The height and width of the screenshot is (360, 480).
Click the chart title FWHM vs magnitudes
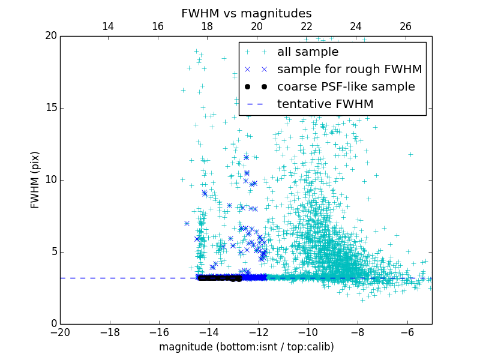(x=246, y=13)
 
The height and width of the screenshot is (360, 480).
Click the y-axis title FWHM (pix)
(x=35, y=180)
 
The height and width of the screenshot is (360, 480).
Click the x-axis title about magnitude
(x=246, y=347)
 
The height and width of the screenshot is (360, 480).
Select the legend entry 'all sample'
(x=308, y=52)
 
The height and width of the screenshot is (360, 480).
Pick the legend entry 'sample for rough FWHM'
(x=349, y=70)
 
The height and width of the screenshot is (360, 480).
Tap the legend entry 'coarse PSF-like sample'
(x=346, y=87)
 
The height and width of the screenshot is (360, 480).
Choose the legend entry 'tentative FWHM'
(x=325, y=104)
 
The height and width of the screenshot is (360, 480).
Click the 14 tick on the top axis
(x=108, y=26)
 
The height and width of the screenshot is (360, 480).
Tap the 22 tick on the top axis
(x=307, y=26)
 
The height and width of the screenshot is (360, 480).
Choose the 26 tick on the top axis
(x=406, y=26)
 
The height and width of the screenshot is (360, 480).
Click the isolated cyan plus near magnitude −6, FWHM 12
(x=410, y=154)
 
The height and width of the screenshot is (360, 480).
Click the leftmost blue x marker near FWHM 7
(x=187, y=223)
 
